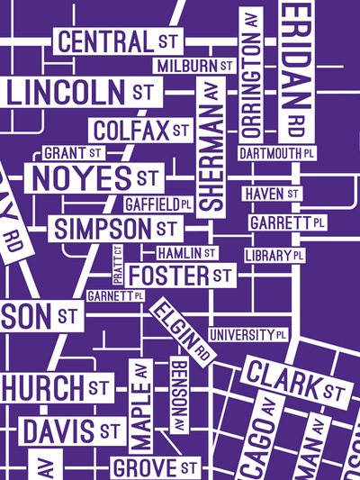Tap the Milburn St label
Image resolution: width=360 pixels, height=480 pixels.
click(194, 66)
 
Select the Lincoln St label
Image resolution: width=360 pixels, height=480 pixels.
click(81, 91)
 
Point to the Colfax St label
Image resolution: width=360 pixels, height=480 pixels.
click(140, 130)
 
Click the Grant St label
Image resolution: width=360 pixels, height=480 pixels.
click(73, 153)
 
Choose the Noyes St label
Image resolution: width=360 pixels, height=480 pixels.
click(94, 177)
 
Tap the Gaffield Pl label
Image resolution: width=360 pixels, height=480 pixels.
click(157, 204)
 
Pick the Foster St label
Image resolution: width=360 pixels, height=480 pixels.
click(180, 275)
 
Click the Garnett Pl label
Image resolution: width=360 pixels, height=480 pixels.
click(115, 295)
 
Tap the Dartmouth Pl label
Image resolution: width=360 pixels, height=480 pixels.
click(279, 153)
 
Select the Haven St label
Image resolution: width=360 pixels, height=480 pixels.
click(271, 194)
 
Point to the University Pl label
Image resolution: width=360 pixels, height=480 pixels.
click(247, 335)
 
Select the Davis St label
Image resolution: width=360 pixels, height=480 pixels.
click(71, 431)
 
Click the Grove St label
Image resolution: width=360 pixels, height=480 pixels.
click(155, 467)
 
